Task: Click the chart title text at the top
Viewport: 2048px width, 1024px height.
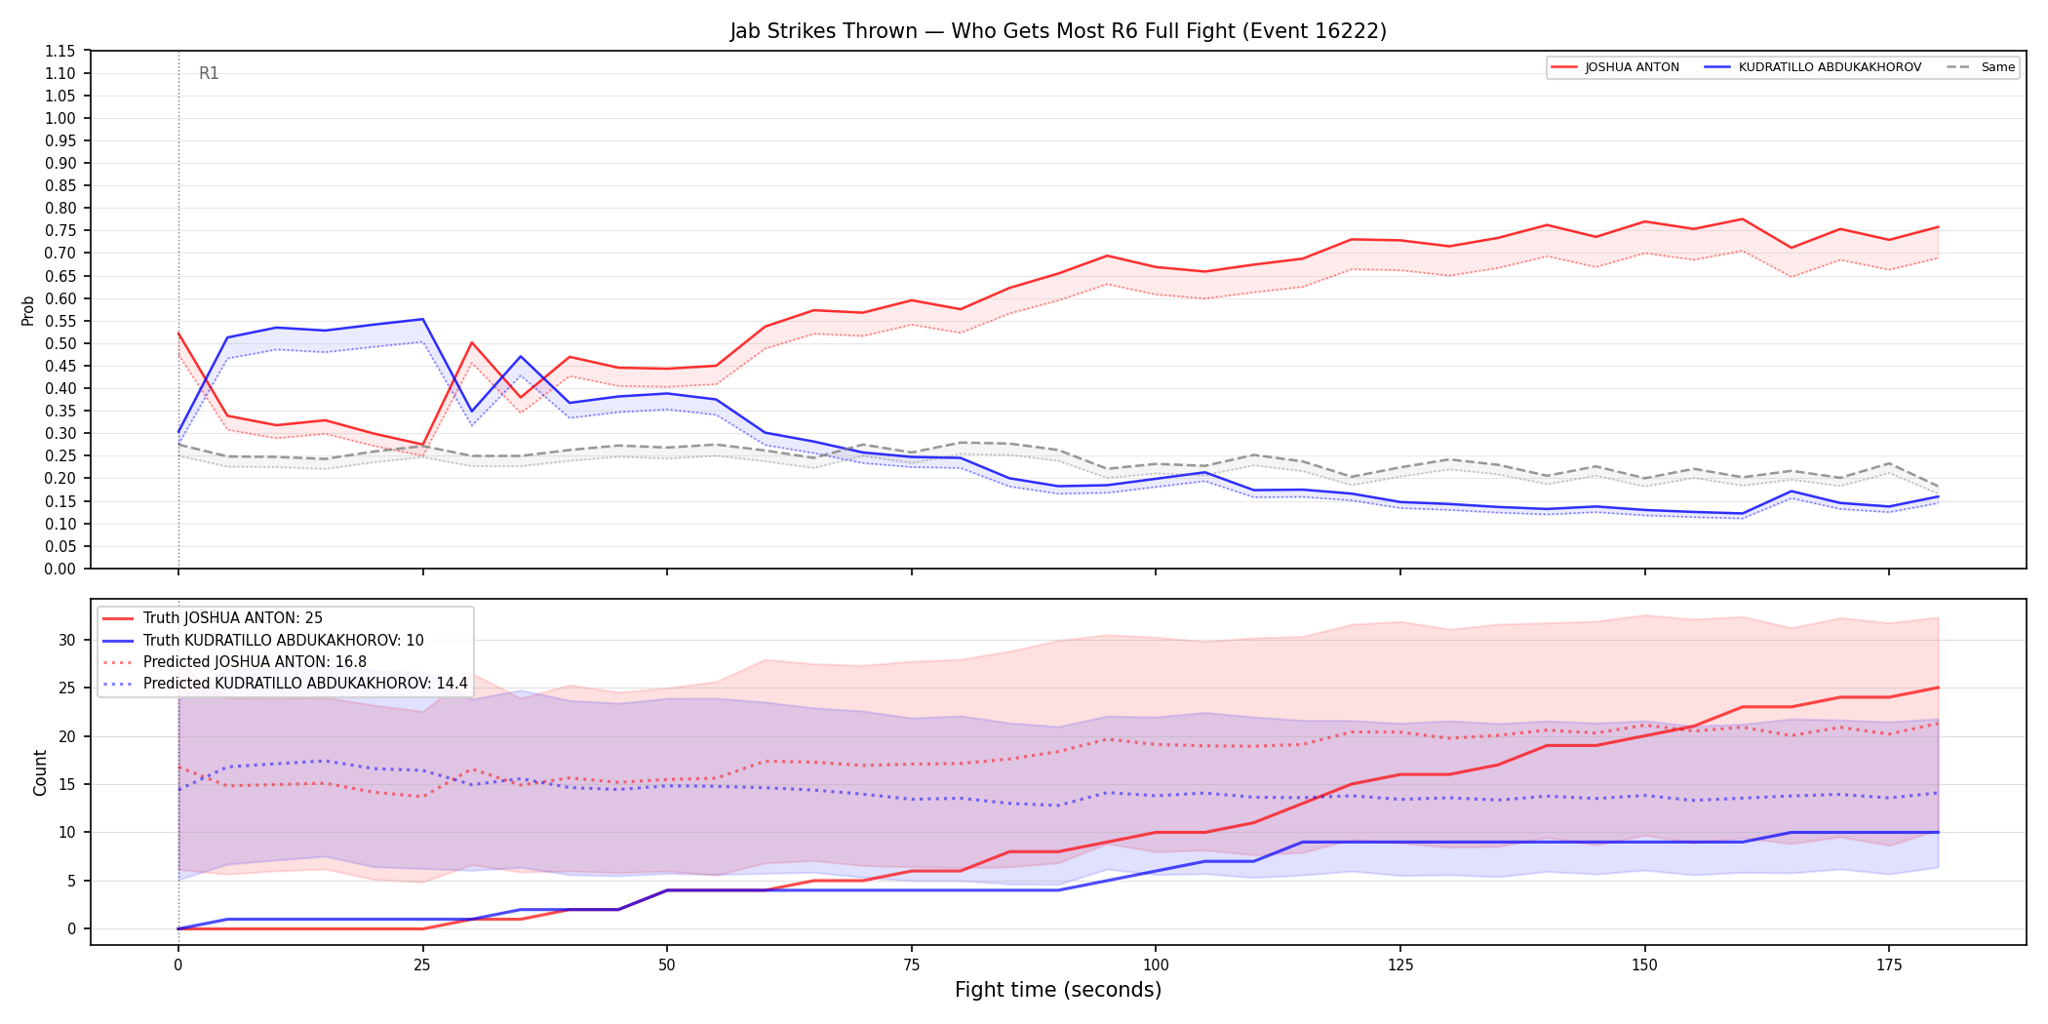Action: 1058,31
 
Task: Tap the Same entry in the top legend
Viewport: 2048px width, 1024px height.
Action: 1981,67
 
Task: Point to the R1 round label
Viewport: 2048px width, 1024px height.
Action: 209,73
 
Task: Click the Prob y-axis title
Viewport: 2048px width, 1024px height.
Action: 27,310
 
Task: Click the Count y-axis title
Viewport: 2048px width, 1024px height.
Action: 40,772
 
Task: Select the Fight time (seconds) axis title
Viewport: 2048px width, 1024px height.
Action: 1058,990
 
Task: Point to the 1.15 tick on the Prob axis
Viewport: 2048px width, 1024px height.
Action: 60,51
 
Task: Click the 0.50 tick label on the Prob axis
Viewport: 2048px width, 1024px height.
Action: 60,343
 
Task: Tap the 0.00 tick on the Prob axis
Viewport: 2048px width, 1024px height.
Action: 60,569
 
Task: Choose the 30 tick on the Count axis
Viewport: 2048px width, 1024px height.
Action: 66,641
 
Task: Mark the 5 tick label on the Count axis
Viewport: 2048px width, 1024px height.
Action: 71,881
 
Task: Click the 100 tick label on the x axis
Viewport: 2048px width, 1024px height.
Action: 1155,965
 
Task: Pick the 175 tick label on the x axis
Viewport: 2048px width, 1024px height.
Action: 1889,965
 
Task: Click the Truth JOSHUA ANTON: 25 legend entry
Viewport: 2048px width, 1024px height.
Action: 213,618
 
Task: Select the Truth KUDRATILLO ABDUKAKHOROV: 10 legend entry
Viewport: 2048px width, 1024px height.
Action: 263,641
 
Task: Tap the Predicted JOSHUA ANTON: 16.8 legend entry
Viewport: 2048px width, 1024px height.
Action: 235,662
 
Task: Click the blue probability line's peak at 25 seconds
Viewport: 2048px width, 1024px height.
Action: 422,319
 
